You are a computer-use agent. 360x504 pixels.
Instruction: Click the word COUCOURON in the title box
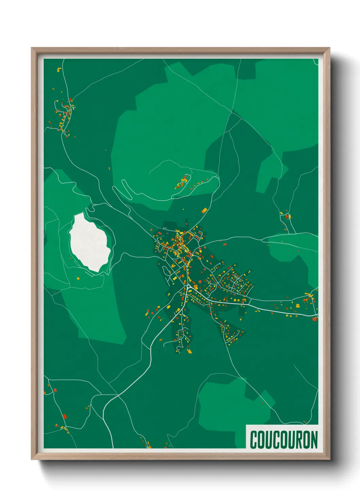click(284, 440)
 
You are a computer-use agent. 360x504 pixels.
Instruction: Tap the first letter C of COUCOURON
click(254, 440)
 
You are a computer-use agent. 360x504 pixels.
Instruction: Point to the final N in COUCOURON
click(313, 440)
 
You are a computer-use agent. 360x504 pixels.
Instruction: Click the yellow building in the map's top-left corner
click(59, 70)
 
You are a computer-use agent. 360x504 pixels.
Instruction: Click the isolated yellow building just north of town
click(204, 210)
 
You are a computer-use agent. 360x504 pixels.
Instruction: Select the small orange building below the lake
click(78, 279)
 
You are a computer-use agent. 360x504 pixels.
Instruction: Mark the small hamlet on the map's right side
click(287, 216)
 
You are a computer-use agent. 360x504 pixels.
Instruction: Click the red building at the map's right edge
click(314, 319)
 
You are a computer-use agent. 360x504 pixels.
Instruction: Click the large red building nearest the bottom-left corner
click(65, 416)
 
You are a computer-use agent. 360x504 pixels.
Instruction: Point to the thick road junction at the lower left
click(118, 396)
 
